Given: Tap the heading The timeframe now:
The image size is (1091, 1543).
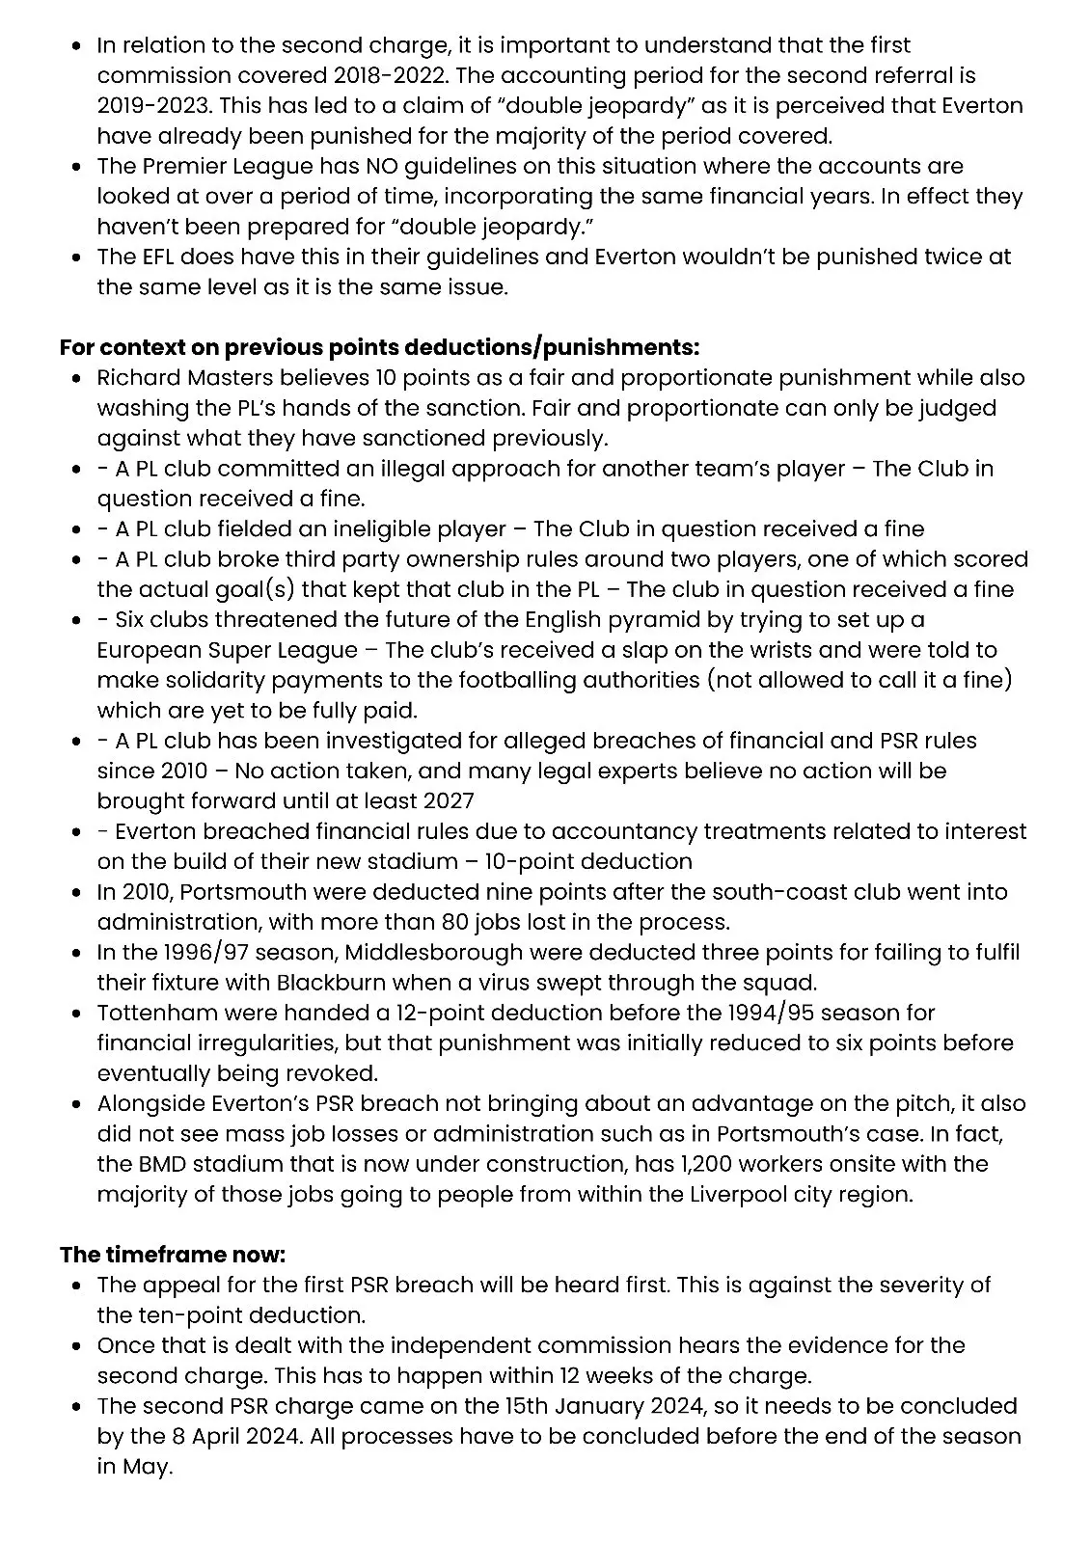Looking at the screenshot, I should (x=173, y=1255).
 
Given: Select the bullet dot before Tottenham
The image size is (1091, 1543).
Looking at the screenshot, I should (x=77, y=1014).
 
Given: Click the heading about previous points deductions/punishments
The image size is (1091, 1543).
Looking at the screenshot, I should (x=379, y=347).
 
